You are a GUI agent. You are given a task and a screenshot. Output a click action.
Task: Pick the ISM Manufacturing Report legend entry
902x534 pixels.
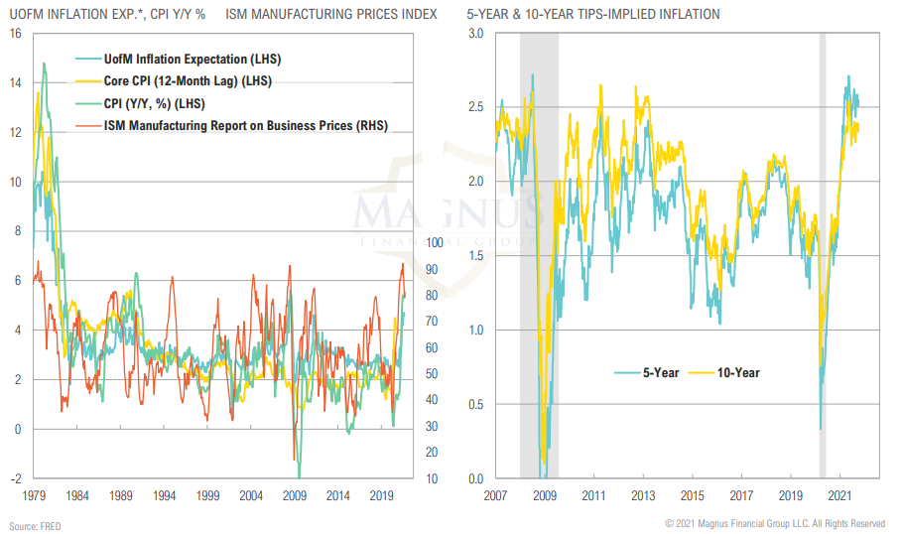(x=246, y=125)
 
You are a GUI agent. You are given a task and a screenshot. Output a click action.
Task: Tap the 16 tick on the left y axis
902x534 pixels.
(x=15, y=34)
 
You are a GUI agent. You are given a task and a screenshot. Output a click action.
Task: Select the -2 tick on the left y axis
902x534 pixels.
(x=15, y=478)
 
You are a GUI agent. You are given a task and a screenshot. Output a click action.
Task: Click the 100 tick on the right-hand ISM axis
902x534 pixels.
(x=435, y=242)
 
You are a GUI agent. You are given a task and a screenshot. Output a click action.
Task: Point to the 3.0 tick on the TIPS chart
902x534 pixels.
(x=476, y=34)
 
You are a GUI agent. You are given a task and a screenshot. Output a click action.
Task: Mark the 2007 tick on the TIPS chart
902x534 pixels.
(x=495, y=494)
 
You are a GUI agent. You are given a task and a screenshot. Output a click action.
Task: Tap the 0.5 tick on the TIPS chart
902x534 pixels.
(x=476, y=404)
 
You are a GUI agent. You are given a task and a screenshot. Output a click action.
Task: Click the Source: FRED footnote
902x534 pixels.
(x=36, y=524)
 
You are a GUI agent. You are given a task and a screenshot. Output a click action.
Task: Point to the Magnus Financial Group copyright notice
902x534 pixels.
(x=775, y=523)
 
